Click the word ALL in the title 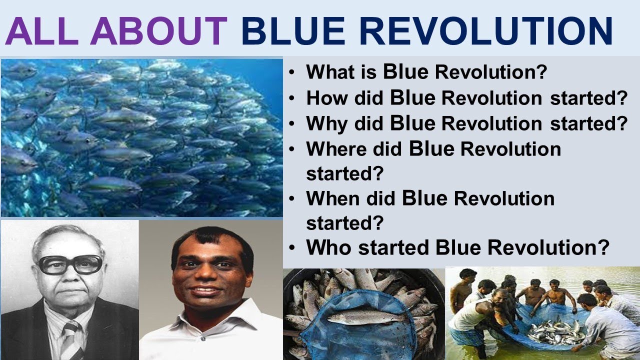click(x=41, y=31)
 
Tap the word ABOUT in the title click(x=158, y=31)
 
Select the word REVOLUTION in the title click(x=485, y=31)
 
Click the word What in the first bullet click(x=330, y=71)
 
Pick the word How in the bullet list click(x=327, y=97)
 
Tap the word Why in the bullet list click(x=327, y=124)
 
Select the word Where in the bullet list click(x=336, y=149)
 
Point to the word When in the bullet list click(x=332, y=198)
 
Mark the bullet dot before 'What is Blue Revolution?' click(x=291, y=72)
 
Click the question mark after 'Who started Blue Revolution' click(x=603, y=247)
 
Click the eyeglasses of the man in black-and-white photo click(x=70, y=265)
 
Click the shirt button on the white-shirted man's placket click(x=203, y=339)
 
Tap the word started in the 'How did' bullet click(x=589, y=97)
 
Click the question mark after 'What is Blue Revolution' click(x=541, y=71)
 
